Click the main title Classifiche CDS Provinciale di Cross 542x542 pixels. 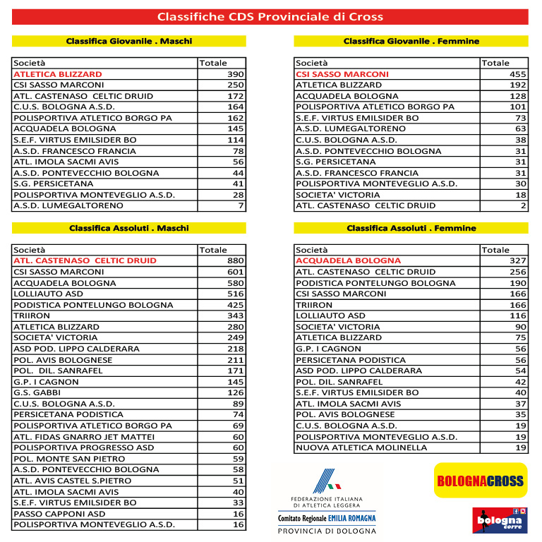point(270,16)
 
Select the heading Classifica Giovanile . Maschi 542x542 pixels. point(129,41)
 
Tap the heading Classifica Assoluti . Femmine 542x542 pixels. point(411,228)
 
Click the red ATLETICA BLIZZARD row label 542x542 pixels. point(58,74)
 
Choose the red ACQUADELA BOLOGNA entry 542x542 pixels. point(348,260)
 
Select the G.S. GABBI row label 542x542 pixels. point(37,392)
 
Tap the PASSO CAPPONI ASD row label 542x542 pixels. point(59,514)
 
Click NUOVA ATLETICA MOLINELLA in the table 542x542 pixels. point(361,447)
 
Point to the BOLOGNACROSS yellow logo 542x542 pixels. point(480,481)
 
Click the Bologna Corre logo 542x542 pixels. point(500,520)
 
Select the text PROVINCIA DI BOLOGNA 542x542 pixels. point(326,531)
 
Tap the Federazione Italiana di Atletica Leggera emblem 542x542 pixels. point(326,483)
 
